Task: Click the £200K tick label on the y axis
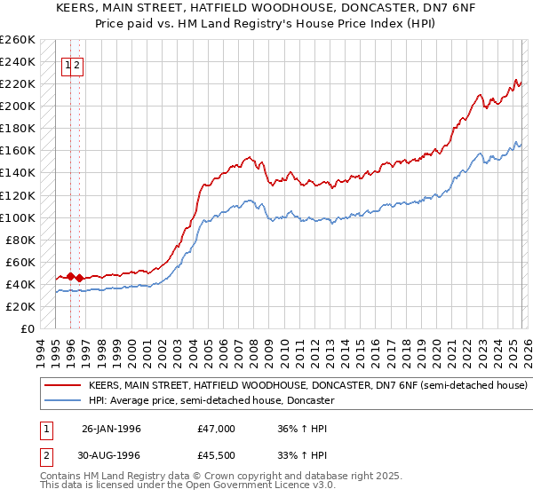[x=18, y=106]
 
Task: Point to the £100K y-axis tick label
[x=18, y=217]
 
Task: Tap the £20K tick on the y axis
[x=20, y=306]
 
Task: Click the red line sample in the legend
[x=62, y=386]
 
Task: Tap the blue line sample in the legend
[x=62, y=401]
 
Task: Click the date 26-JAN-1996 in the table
[x=111, y=429]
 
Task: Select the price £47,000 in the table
[x=217, y=429]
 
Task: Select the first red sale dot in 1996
[x=70, y=276]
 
